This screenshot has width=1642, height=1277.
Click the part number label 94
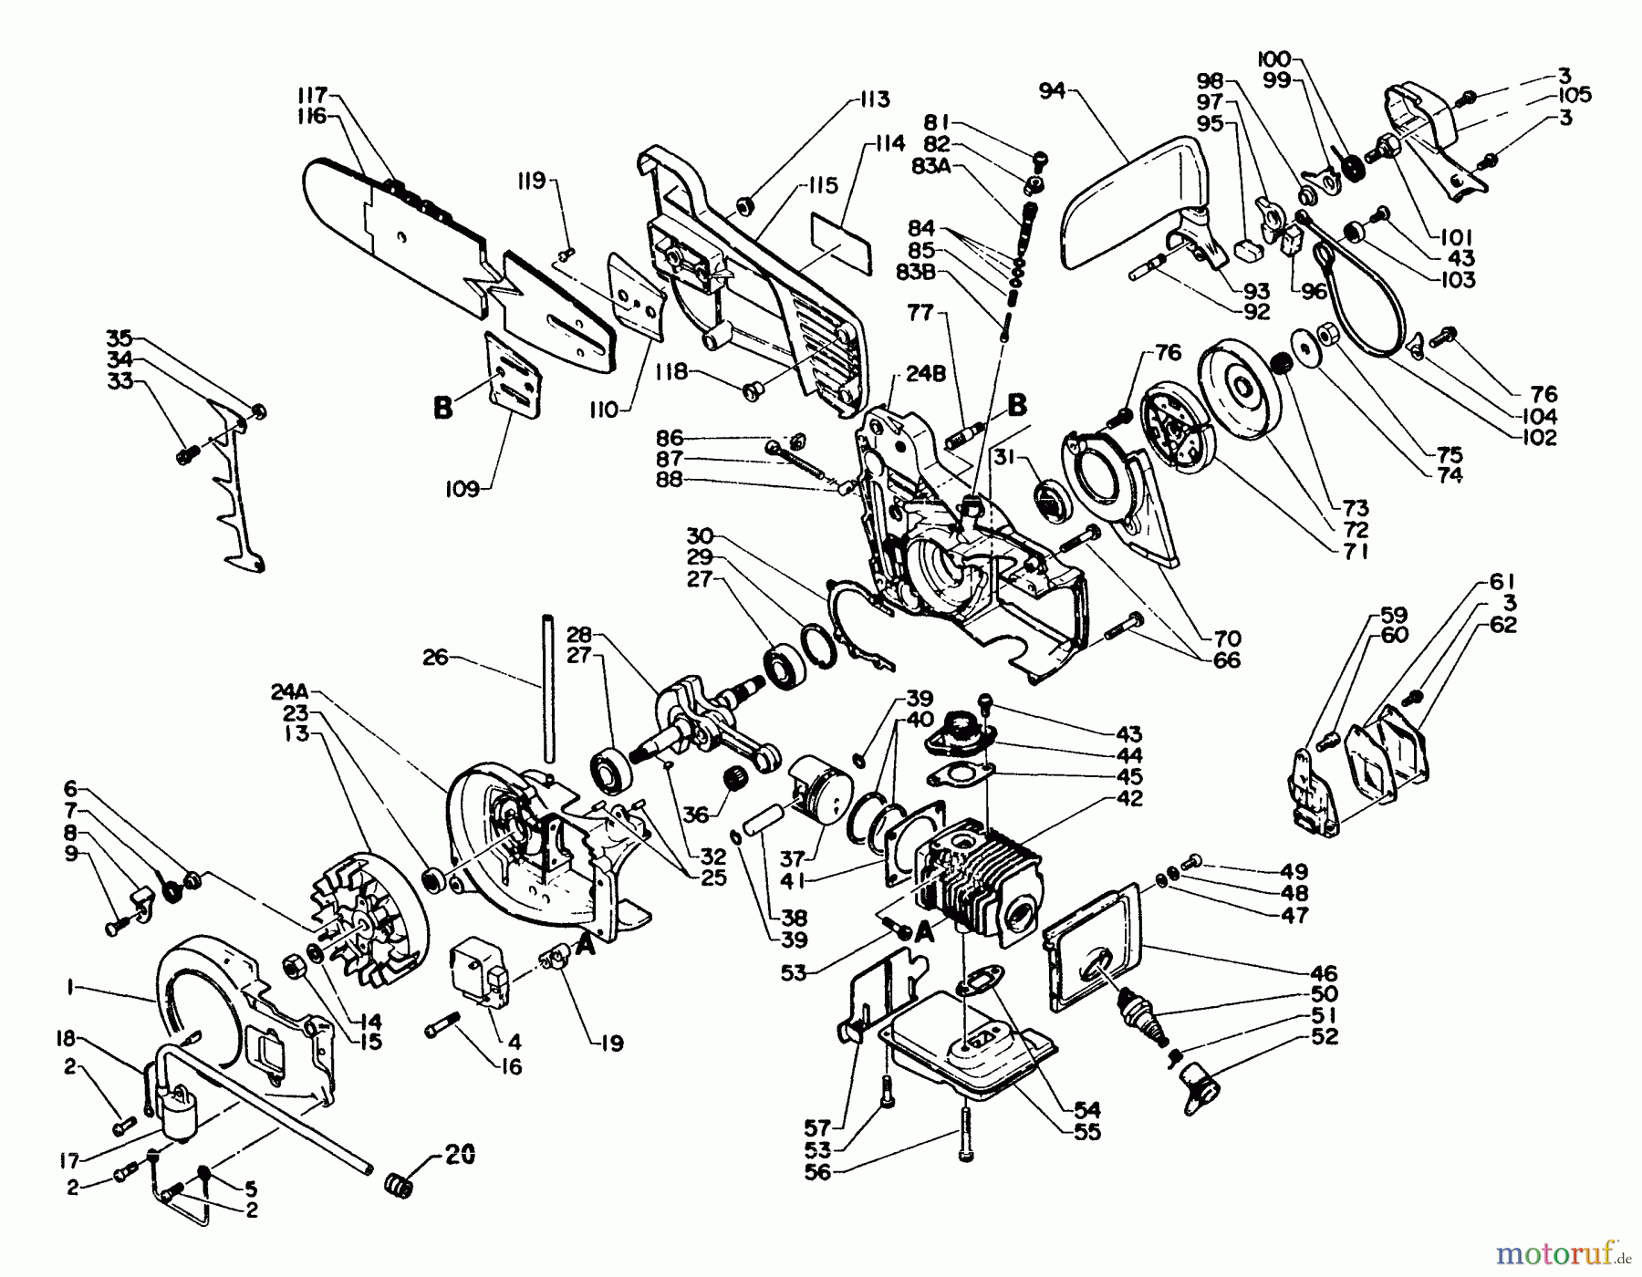[1052, 91]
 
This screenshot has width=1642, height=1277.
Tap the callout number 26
[435, 657]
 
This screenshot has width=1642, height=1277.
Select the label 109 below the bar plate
[462, 490]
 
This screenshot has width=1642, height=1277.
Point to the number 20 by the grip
[460, 1156]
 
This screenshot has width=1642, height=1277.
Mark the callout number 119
[534, 181]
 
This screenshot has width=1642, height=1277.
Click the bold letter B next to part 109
[443, 407]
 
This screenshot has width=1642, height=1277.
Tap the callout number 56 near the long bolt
[818, 1172]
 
